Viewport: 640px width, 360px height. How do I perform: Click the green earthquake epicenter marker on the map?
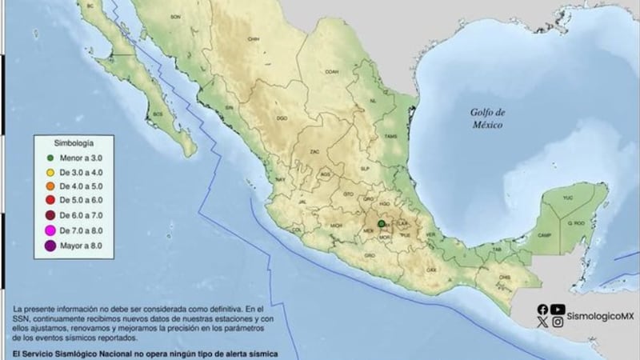click(382, 223)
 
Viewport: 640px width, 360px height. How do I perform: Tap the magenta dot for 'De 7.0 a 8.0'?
click(50, 232)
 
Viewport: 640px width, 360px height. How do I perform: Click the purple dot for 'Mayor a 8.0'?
click(50, 246)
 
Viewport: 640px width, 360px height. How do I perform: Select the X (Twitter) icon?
click(543, 322)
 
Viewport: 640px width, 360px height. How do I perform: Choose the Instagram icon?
click(558, 322)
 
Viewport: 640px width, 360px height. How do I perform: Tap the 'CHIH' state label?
click(254, 37)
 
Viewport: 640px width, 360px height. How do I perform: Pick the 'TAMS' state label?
click(390, 137)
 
